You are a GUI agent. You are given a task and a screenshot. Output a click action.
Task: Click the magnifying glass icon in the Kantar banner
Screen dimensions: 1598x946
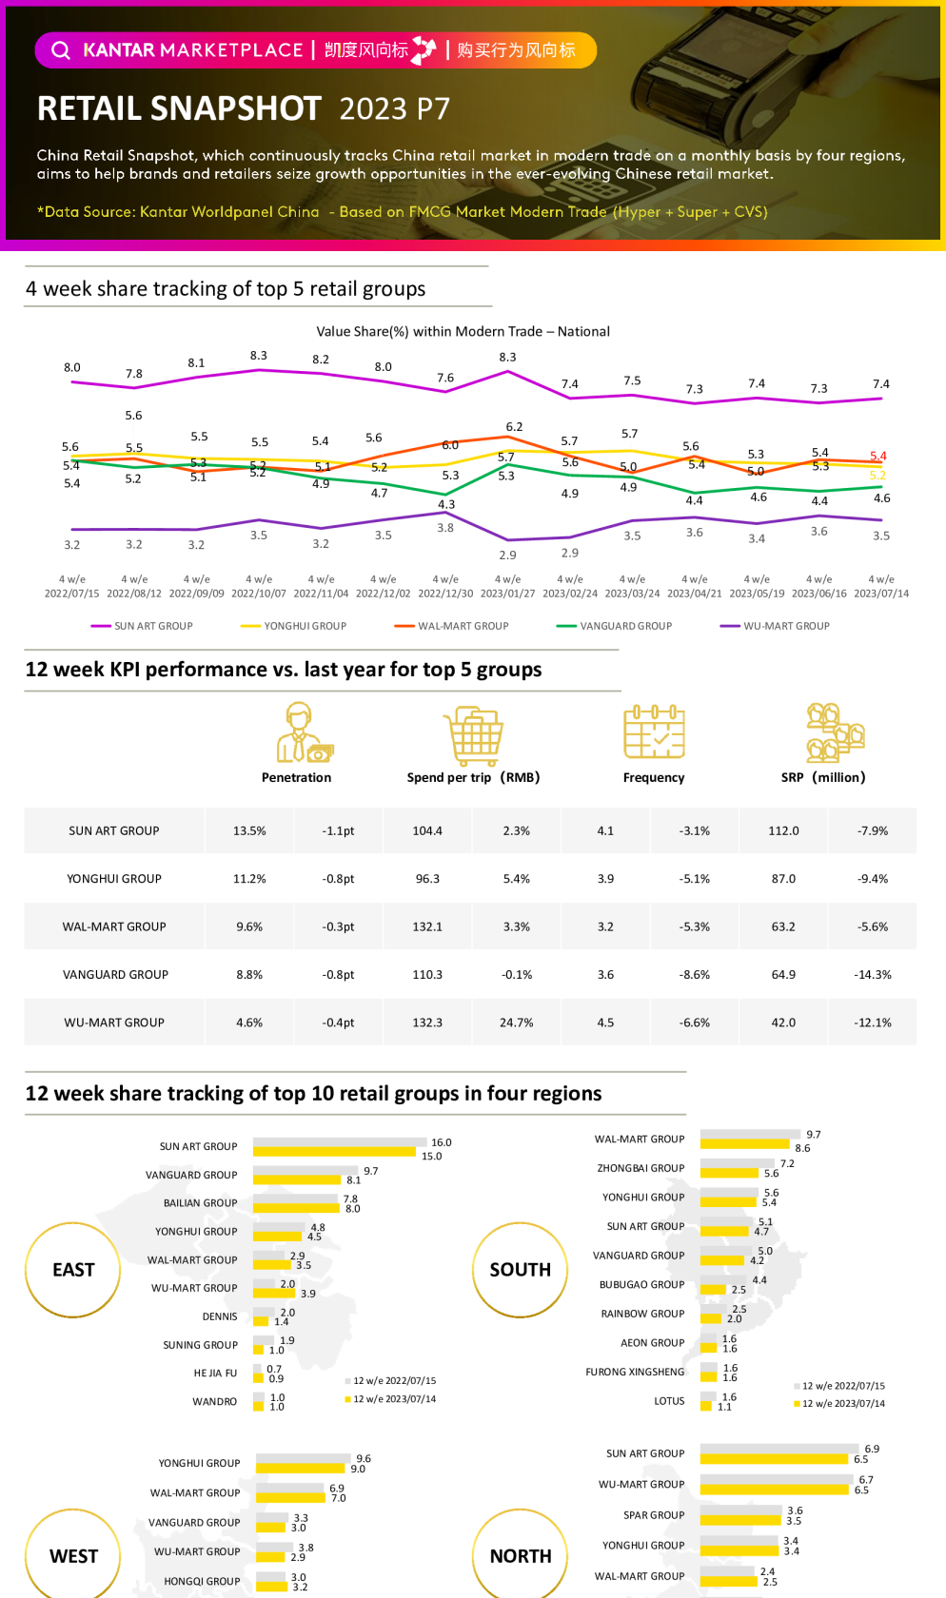61,50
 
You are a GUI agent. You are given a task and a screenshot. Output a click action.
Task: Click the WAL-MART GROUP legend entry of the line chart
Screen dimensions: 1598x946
463,626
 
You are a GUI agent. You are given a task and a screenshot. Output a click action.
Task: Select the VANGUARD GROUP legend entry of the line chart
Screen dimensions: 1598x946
625,626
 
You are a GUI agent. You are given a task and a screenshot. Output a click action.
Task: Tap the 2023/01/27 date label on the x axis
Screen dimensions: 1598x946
507,594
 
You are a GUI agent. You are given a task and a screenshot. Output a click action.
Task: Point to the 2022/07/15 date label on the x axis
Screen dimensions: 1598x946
72,594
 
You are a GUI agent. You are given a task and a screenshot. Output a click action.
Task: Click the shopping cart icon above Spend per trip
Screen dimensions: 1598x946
473,735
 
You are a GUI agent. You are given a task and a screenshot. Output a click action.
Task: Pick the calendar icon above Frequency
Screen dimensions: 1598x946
654,731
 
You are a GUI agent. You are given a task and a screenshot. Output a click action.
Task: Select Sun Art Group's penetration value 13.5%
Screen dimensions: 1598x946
249,830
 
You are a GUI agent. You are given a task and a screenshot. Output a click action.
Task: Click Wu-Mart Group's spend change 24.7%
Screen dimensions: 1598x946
516,1023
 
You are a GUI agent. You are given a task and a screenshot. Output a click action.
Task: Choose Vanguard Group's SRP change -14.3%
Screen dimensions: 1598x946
872,975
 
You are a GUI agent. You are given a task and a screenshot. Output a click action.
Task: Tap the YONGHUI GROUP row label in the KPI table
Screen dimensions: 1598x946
114,879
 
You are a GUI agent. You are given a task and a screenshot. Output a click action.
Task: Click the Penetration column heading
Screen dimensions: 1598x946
296,777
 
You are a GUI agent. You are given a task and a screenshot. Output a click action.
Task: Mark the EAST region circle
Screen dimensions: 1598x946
73,1270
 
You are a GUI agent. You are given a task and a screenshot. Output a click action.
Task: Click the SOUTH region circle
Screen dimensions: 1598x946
520,1270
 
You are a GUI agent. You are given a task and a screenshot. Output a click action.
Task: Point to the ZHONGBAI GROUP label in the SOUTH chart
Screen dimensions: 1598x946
641,1168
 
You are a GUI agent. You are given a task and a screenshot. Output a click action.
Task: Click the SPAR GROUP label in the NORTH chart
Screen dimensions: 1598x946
654,1515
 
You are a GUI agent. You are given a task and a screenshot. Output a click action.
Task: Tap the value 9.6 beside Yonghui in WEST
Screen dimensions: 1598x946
364,1458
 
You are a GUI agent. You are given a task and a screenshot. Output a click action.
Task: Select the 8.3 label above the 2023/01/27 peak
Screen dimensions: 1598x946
507,358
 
